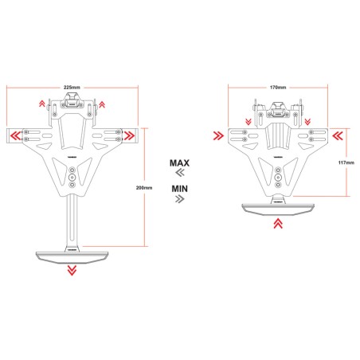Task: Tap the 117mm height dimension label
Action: [x=346, y=163]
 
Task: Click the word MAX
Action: [x=179, y=162]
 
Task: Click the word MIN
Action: [x=179, y=188]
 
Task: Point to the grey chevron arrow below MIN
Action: [x=179, y=200]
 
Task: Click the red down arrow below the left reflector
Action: [x=72, y=271]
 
